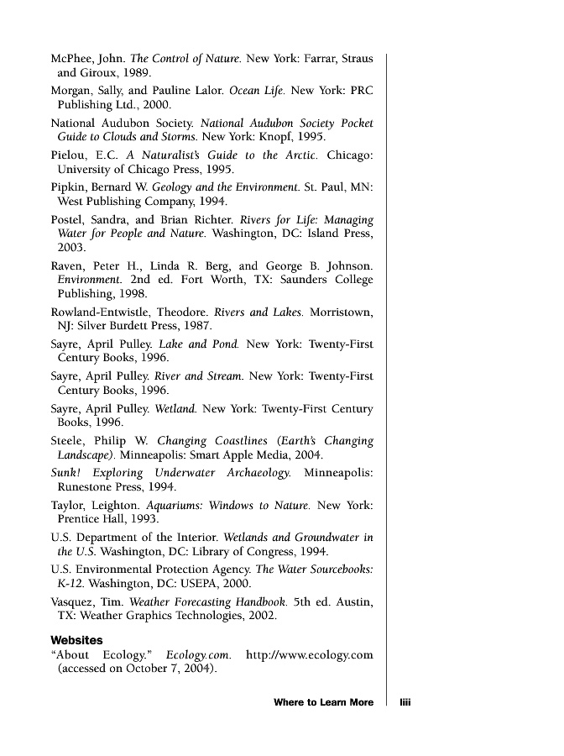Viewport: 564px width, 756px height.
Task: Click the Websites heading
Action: tap(76, 640)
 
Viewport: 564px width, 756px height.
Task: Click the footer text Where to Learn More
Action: tap(323, 702)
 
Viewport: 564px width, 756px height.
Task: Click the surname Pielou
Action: tap(67, 155)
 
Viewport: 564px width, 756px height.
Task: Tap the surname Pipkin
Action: tap(69, 186)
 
